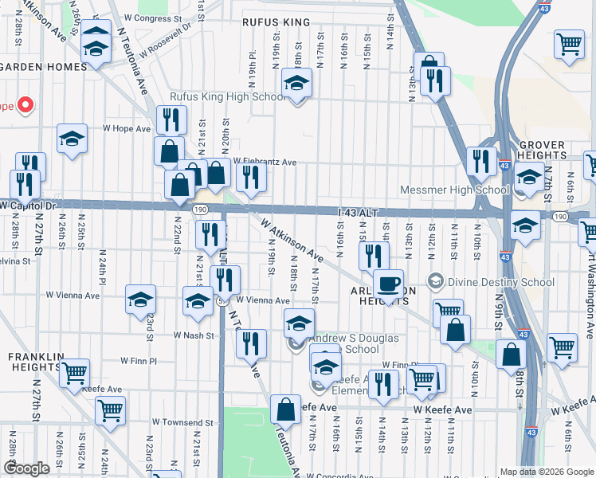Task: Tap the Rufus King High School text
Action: tap(228, 97)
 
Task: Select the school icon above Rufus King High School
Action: tap(296, 83)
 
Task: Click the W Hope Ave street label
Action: tap(126, 128)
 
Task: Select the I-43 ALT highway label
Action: tap(356, 212)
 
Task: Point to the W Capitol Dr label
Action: tap(30, 205)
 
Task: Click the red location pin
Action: tap(25, 105)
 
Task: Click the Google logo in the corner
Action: tap(26, 468)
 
